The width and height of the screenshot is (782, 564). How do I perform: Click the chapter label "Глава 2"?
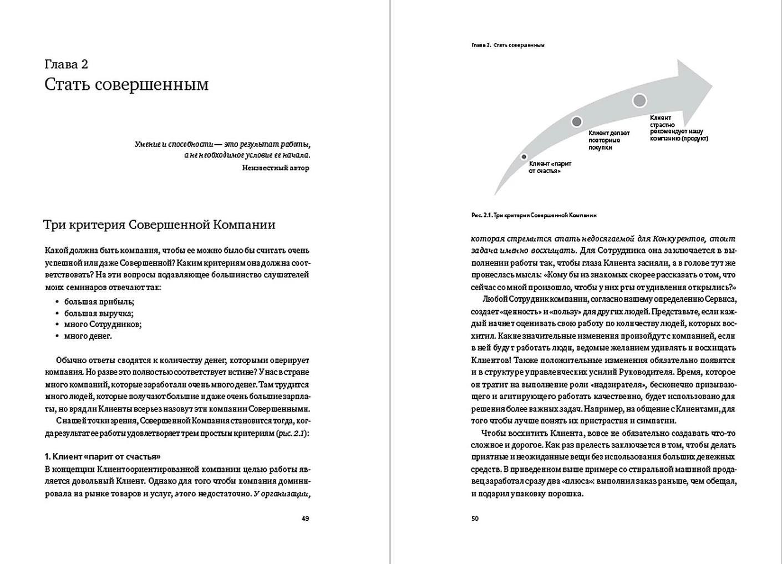coord(66,64)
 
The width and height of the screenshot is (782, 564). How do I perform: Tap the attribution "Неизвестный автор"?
coord(276,167)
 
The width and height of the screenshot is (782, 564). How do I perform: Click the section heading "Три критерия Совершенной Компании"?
coord(159,225)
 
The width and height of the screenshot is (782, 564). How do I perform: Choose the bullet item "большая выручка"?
coord(99,313)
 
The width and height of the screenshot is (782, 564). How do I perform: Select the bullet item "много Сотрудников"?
coord(103,324)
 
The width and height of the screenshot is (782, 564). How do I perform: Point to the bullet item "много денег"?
coord(88,336)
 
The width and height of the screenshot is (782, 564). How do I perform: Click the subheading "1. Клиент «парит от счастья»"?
coord(103,456)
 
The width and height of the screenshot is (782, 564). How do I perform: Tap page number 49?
coord(305,519)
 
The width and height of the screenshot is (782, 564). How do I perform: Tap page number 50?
coord(475,519)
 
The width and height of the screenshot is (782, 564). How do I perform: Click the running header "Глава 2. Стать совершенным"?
coord(507,45)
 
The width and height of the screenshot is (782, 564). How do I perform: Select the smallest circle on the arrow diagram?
coord(524,157)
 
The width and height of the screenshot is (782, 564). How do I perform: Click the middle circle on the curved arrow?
coord(577,121)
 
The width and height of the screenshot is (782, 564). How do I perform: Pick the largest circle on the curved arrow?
coord(639,100)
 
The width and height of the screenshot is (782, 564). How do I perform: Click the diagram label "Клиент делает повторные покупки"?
coord(609,140)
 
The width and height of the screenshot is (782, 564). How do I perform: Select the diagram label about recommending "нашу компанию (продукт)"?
coord(678,128)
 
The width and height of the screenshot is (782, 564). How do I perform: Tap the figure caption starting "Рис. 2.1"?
coord(534,215)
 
